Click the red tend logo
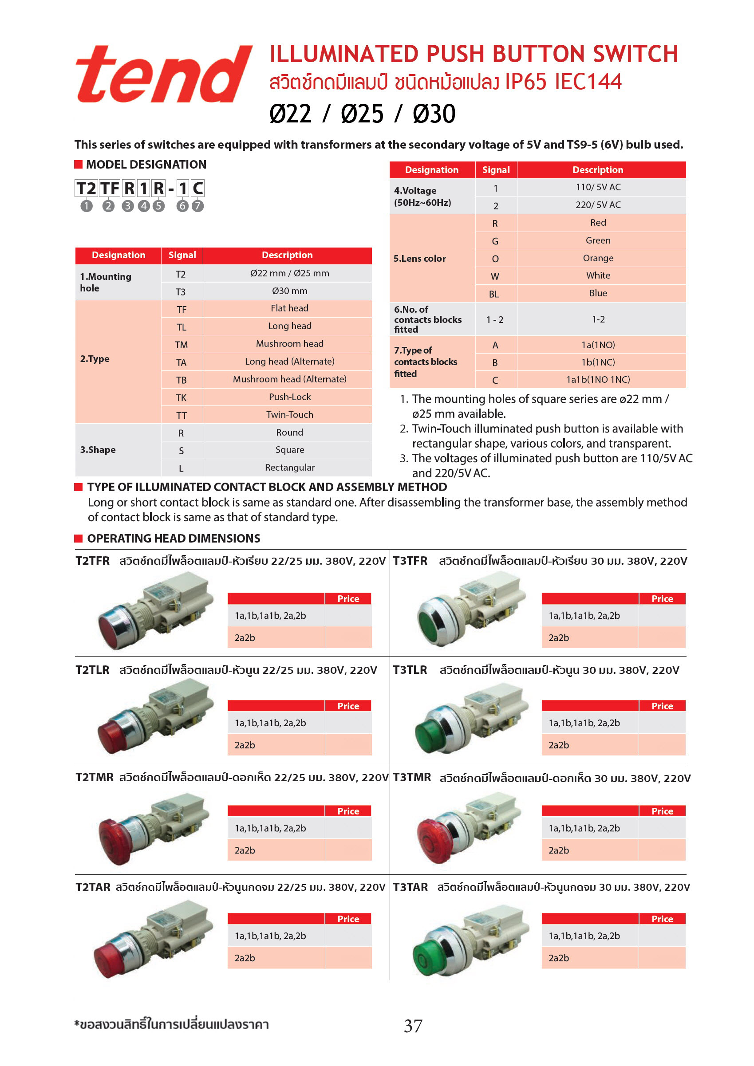[163, 74]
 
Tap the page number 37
[413, 1026]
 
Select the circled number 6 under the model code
[182, 206]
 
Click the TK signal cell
[181, 397]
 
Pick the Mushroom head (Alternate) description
[289, 379]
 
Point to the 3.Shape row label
[98, 449]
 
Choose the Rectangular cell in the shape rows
[289, 468]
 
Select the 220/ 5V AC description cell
[598, 205]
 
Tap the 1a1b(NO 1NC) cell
[598, 379]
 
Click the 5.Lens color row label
[419, 258]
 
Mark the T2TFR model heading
[92, 561]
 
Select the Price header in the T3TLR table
[662, 706]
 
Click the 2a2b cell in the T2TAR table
[245, 958]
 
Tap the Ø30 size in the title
[434, 114]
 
